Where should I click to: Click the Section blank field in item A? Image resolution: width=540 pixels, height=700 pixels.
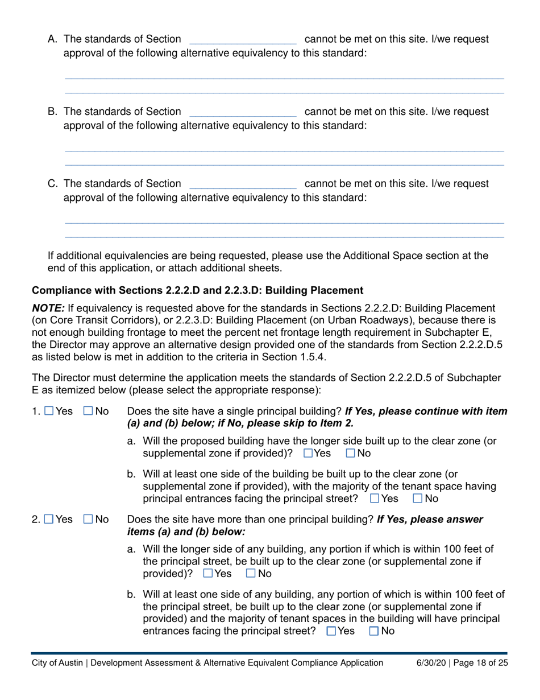point(243,40)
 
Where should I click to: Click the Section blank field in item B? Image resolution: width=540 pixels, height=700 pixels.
point(243,112)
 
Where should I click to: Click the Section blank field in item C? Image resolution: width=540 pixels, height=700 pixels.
point(243,184)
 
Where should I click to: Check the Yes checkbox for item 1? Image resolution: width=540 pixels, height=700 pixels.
point(49,411)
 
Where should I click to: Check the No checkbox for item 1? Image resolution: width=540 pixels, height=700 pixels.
point(88,411)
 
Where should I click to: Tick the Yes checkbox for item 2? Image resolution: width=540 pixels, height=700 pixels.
point(49,519)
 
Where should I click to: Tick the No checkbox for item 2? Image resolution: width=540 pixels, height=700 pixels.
point(88,519)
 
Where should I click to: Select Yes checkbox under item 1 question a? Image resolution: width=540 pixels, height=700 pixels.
point(308,454)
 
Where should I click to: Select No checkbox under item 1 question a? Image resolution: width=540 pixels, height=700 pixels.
point(350,454)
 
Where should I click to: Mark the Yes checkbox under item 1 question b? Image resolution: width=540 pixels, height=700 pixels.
point(374,499)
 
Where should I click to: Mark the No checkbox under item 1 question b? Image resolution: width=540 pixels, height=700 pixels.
point(418,499)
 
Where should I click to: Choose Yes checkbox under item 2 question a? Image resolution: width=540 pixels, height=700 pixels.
point(208,573)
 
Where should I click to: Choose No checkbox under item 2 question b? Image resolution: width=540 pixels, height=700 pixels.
point(374,631)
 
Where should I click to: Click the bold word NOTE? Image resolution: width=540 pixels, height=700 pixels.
point(48,307)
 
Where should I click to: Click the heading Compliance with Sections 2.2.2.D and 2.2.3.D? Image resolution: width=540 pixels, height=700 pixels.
point(197,290)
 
